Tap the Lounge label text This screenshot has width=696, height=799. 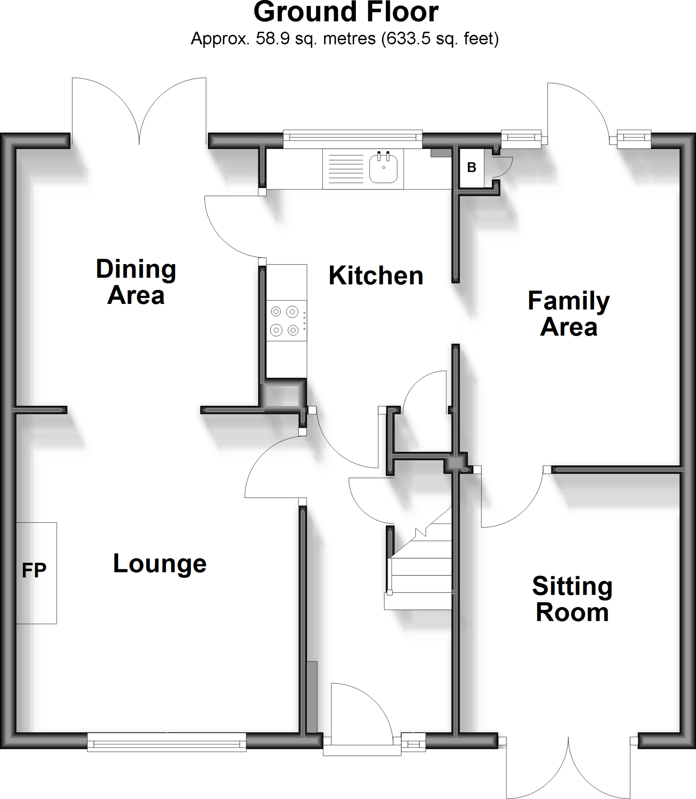pos(160,564)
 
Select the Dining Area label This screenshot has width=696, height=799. pos(136,282)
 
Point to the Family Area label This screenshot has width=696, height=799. pos(568,314)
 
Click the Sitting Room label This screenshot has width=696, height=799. pos(572,599)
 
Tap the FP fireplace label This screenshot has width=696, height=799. pos(34,570)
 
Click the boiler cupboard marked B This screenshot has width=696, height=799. pos(471,168)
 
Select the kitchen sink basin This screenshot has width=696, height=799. pos(384,169)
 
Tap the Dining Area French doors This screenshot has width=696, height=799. pos(139,113)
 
